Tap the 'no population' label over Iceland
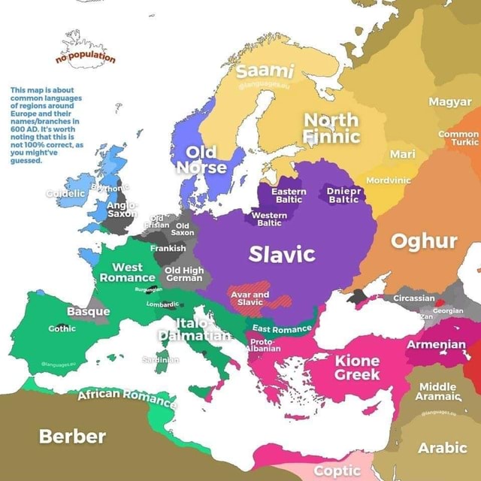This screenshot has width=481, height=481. tap(86, 58)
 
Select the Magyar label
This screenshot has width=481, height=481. tap(450, 102)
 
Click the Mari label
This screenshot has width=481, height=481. tap(403, 155)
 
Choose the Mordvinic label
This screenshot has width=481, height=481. tap(389, 180)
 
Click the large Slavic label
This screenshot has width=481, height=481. tap(282, 255)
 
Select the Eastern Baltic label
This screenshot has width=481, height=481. tap(289, 196)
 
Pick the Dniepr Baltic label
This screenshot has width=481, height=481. tap(345, 196)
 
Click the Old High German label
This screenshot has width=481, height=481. tap(183, 274)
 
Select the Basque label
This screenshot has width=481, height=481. tap(88, 311)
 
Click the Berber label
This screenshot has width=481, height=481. tap(72, 436)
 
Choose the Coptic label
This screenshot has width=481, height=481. tap(337, 470)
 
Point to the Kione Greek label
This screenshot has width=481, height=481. tap(357, 368)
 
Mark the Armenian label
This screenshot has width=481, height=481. tap(436, 344)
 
